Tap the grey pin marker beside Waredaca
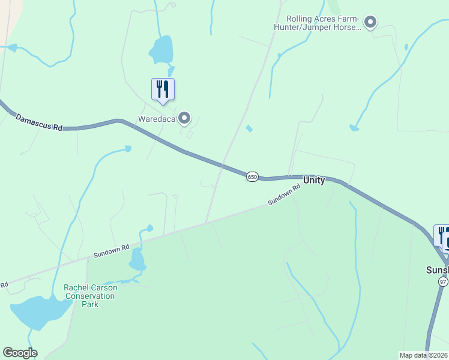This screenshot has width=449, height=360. [185, 118]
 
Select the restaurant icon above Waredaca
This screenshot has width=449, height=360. [163, 90]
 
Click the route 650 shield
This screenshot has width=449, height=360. [252, 176]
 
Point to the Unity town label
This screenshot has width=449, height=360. [314, 180]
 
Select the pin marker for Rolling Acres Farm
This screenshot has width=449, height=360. [370, 23]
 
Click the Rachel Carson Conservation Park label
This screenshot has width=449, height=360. [91, 296]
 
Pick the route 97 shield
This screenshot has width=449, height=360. [443, 281]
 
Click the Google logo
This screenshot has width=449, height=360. [20, 353]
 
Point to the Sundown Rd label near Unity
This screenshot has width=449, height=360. [284, 196]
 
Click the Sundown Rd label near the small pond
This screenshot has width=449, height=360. [112, 251]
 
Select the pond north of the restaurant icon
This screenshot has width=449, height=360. [161, 49]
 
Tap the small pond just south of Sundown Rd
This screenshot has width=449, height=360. [137, 260]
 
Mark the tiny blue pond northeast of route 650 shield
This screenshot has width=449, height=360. [249, 128]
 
